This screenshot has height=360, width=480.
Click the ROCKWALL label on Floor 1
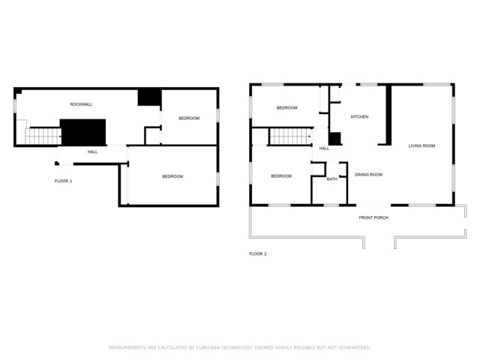(x=81, y=104)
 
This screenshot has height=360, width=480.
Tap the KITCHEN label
(x=359, y=117)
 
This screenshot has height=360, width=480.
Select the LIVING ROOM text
(x=421, y=145)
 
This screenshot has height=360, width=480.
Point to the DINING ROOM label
(x=368, y=175)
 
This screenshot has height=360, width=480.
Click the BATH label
(x=331, y=179)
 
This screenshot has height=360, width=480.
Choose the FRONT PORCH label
(x=373, y=217)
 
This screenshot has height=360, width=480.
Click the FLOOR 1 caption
(x=63, y=181)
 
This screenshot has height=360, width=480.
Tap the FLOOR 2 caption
(x=258, y=253)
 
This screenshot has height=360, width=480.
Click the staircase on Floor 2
(x=290, y=136)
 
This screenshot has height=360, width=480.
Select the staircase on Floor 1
(x=43, y=136)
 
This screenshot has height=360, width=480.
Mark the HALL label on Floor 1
(x=93, y=151)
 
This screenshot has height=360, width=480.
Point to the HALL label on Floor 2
(x=324, y=148)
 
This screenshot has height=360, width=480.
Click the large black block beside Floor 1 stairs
(x=83, y=132)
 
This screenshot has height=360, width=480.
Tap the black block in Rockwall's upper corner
(x=149, y=97)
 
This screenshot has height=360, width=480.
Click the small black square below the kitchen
(x=335, y=139)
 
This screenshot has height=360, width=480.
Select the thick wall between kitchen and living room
(x=388, y=115)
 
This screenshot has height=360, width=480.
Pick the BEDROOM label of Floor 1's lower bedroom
(x=172, y=176)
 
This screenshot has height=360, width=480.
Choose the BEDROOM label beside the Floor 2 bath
(x=281, y=176)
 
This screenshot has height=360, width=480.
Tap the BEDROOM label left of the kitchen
(x=286, y=108)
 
